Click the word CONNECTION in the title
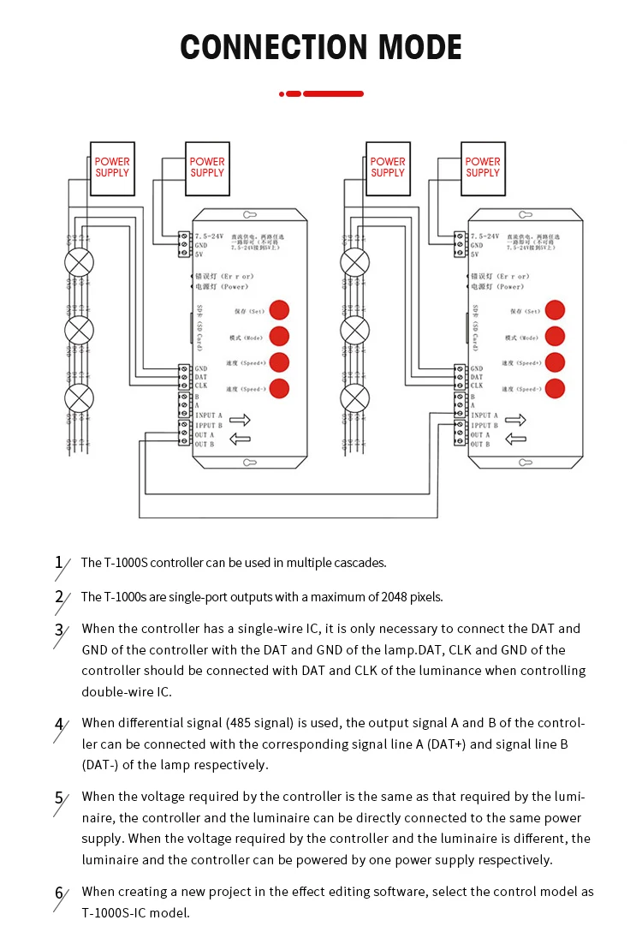(x=257, y=47)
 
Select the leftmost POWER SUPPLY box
(x=112, y=167)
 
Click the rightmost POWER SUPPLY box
(x=483, y=167)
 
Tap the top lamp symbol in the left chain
(x=80, y=261)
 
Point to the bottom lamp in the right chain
(x=354, y=398)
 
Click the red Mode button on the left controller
(x=279, y=336)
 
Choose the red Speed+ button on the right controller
(x=555, y=361)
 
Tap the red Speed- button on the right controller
(x=555, y=387)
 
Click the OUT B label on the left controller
(x=205, y=445)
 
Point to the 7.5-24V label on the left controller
(x=210, y=235)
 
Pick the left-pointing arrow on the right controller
(x=515, y=439)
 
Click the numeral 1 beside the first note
(x=58, y=563)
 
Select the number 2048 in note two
(x=377, y=597)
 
